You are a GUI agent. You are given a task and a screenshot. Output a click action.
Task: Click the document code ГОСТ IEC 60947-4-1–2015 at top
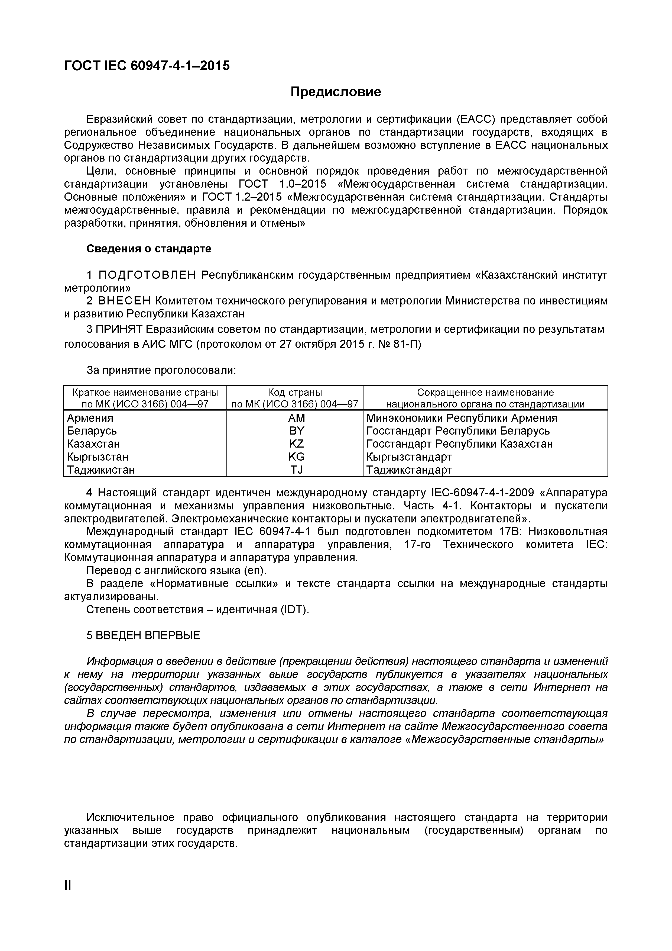147,65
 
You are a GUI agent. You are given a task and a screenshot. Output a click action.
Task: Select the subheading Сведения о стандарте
148,249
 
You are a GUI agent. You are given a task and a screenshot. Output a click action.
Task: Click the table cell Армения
90,418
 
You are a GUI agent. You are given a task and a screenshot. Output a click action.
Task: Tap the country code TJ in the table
296,470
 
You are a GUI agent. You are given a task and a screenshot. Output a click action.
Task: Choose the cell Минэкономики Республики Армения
461,418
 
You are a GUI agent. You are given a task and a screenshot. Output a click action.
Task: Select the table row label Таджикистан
101,470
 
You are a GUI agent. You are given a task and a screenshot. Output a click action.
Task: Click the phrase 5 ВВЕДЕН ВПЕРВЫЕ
143,635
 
